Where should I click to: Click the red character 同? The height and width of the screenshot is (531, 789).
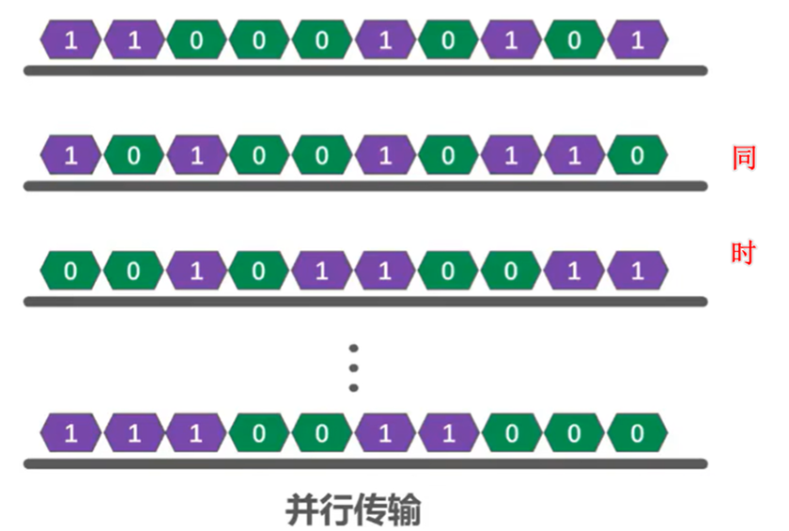click(x=743, y=158)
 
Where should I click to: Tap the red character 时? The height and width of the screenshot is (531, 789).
click(x=743, y=254)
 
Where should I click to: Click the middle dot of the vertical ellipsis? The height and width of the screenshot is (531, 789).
click(x=354, y=367)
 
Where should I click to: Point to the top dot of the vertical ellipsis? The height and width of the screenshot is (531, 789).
click(x=354, y=347)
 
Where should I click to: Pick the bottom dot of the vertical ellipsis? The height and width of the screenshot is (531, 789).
click(x=354, y=387)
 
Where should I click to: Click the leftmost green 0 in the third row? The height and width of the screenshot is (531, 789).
click(x=70, y=272)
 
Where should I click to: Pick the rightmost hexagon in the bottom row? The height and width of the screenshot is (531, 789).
click(x=638, y=433)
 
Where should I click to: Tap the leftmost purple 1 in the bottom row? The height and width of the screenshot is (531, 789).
click(x=70, y=433)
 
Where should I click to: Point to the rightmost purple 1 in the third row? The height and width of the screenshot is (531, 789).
click(x=638, y=272)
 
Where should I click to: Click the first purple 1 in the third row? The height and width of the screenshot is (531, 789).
click(x=196, y=272)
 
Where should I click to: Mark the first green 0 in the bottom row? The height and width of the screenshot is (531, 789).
click(x=259, y=433)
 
